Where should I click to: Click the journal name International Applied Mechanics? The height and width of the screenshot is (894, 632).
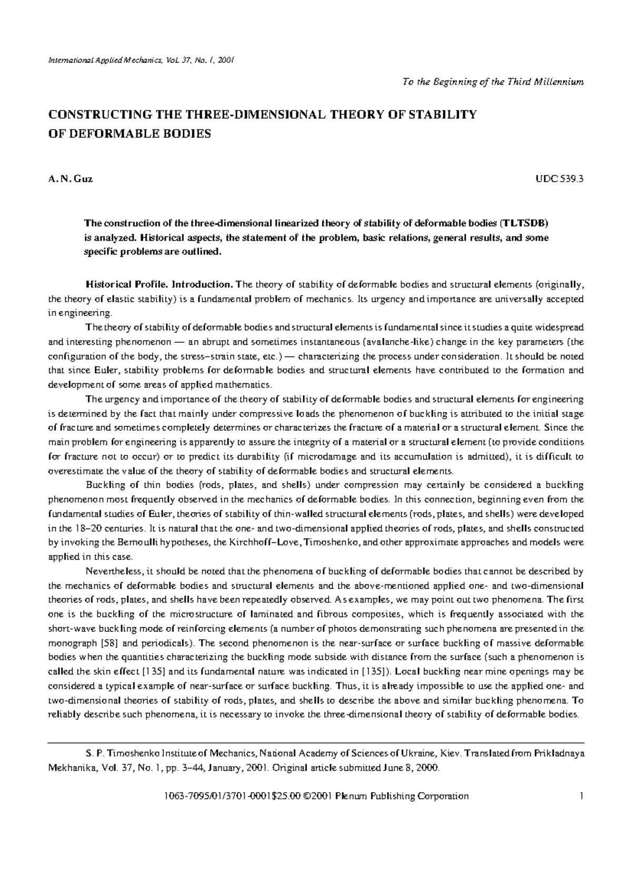(95, 60)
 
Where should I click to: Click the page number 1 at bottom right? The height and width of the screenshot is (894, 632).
(581, 796)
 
